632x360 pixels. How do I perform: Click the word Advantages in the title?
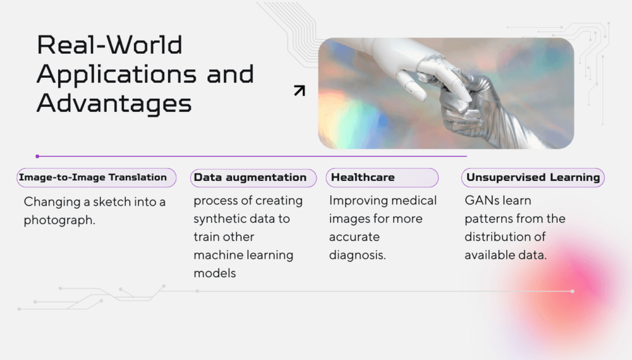114,104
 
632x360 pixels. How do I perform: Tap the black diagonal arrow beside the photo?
299,91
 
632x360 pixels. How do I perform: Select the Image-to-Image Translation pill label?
96,177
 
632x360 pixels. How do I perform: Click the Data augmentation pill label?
253,178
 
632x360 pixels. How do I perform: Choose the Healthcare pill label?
382,178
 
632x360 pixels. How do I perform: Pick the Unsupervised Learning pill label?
533,178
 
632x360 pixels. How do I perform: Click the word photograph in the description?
59,220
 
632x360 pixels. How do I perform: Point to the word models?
215,274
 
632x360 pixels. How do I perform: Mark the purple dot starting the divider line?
38,156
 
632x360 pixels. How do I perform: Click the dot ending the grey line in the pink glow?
572,291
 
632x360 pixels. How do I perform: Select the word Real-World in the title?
110,44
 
